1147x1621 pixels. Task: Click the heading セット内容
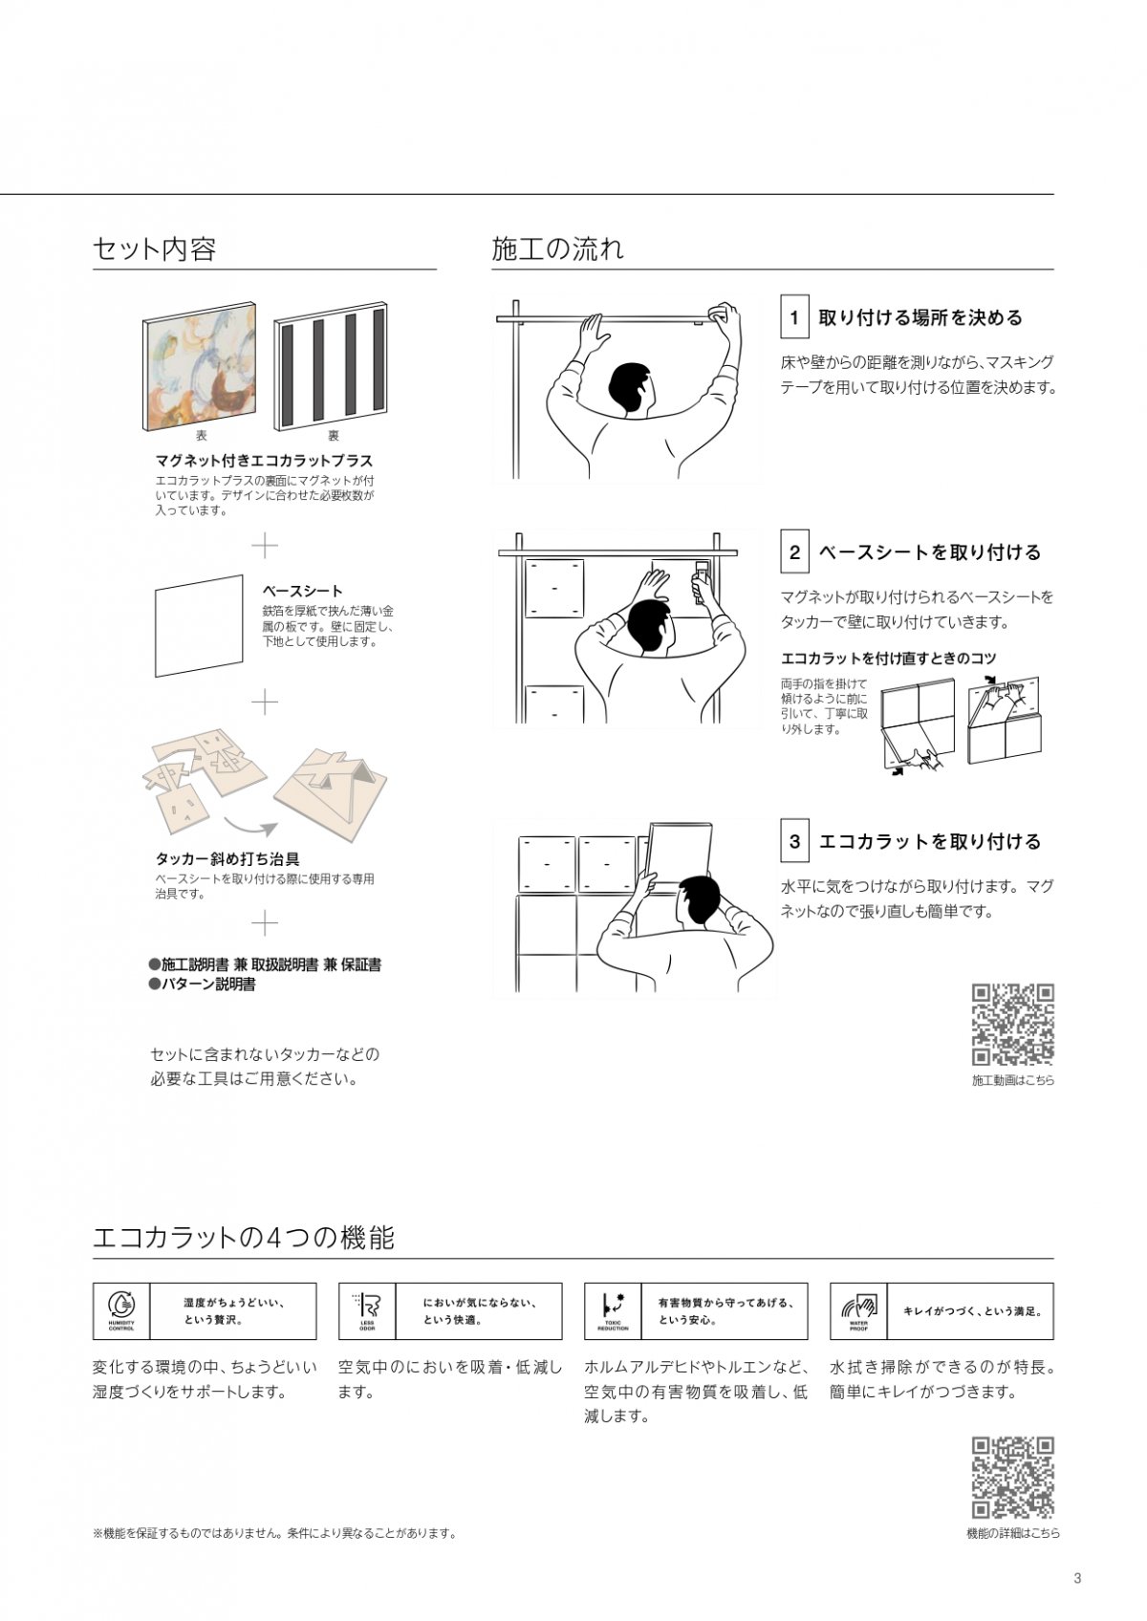click(154, 249)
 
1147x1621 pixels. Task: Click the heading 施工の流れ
click(557, 249)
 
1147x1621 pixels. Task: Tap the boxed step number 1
click(794, 317)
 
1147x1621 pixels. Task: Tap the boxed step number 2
click(794, 551)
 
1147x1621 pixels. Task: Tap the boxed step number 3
click(794, 841)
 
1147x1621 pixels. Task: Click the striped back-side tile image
click(331, 366)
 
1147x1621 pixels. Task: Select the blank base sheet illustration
click(199, 625)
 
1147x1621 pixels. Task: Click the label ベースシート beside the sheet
click(302, 591)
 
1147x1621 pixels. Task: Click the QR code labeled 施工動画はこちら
click(1013, 1024)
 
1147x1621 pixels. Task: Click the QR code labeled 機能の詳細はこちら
click(1013, 1477)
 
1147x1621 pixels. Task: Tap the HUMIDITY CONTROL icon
click(121, 1310)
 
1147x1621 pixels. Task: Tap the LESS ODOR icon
click(367, 1310)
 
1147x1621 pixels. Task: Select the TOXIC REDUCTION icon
click(613, 1310)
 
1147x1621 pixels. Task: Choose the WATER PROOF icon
click(858, 1310)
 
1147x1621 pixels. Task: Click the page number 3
click(1078, 1578)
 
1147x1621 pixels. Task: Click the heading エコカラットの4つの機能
click(243, 1238)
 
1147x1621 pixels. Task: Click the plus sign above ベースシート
click(265, 546)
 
